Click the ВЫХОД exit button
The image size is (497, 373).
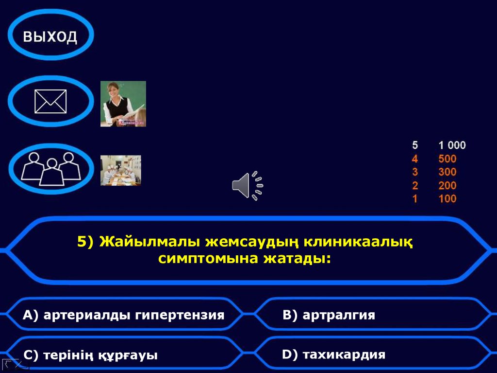tap(50, 36)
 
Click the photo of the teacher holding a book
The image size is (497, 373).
tap(123, 104)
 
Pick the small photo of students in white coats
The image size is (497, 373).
tap(120, 170)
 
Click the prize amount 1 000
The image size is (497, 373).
tap(452, 145)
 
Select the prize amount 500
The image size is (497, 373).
tap(447, 159)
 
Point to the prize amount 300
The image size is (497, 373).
tap(447, 172)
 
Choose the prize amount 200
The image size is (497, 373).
tap(447, 185)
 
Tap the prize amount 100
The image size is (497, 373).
tap(447, 198)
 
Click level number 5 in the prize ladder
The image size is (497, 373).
tap(415, 145)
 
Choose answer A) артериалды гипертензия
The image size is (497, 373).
tap(123, 315)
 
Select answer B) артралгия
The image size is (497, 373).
tap(329, 315)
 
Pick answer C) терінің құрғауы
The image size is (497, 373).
tap(91, 355)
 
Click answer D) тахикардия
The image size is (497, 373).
tap(333, 355)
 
